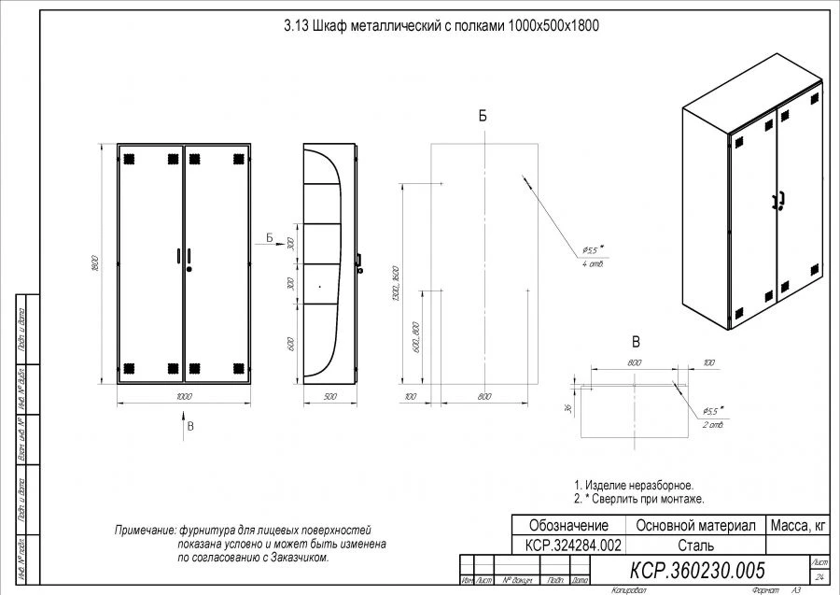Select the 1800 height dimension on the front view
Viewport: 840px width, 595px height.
(x=95, y=263)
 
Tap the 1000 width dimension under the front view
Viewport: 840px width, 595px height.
(x=183, y=397)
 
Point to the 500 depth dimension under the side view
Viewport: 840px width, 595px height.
(x=329, y=397)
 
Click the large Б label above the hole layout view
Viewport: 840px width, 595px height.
(x=482, y=116)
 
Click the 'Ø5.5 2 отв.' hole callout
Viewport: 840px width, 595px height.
(x=713, y=417)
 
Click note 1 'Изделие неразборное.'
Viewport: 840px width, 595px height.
(x=634, y=485)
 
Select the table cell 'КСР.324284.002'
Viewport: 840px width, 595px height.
(x=568, y=545)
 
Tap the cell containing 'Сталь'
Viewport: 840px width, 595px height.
(x=695, y=545)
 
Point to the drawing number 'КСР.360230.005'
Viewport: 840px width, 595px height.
(x=697, y=570)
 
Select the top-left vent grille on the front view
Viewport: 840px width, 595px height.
(x=129, y=158)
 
